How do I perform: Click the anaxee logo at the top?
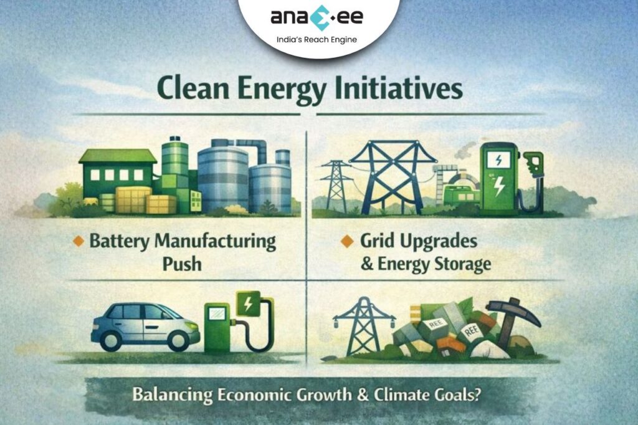[x=318, y=17]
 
